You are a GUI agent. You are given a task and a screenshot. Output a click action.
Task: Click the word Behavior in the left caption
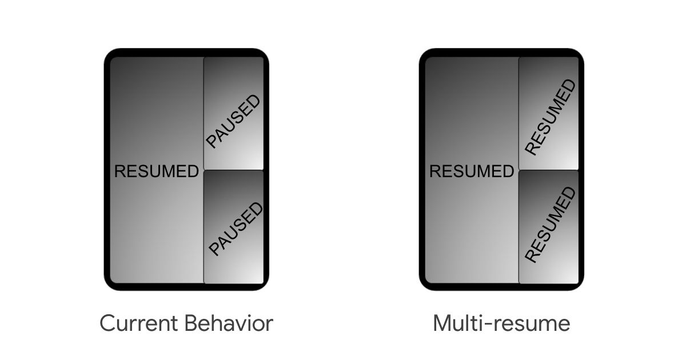pyautogui.click(x=229, y=323)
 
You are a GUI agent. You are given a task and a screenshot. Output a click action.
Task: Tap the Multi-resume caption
pyautogui.click(x=502, y=323)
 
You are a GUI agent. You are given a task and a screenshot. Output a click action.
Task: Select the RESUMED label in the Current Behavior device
pyautogui.click(x=157, y=171)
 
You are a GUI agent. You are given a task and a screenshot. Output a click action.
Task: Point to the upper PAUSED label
pyautogui.click(x=233, y=121)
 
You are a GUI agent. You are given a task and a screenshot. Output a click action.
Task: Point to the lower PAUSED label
pyautogui.click(x=236, y=229)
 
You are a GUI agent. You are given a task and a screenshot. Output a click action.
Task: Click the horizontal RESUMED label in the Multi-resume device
pyautogui.click(x=472, y=171)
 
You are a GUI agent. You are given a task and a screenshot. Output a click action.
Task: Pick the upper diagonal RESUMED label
pyautogui.click(x=551, y=117)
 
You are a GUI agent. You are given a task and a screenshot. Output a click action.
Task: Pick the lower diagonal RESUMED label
pyautogui.click(x=551, y=225)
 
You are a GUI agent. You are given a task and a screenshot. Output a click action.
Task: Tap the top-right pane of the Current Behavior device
pyautogui.click(x=234, y=113)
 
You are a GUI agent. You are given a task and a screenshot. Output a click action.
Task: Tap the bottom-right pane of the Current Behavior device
pyautogui.click(x=234, y=227)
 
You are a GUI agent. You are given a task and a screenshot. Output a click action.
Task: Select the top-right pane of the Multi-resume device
pyautogui.click(x=549, y=113)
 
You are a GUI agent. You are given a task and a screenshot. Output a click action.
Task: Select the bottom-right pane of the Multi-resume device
pyautogui.click(x=549, y=227)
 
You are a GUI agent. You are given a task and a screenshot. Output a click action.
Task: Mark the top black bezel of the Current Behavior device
pyautogui.click(x=186, y=53)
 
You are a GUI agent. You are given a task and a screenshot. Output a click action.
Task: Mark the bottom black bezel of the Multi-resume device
pyautogui.click(x=502, y=287)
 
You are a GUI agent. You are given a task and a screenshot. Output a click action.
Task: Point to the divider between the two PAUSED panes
pyautogui.click(x=234, y=170)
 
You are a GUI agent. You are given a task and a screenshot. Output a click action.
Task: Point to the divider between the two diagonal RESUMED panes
pyautogui.click(x=549, y=170)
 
